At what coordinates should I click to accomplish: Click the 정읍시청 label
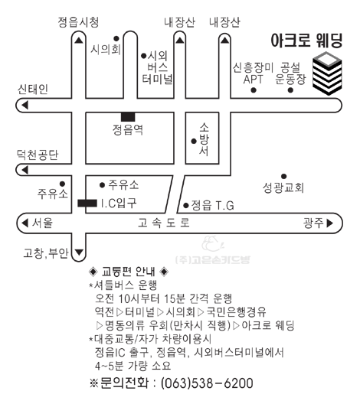(78, 22)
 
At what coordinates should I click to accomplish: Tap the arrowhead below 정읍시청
(79, 41)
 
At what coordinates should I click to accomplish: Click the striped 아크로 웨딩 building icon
(327, 73)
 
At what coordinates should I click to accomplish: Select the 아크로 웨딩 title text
(307, 41)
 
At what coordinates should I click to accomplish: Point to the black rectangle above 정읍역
(128, 117)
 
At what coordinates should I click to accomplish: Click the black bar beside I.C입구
(87, 203)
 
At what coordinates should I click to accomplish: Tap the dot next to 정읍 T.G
(185, 205)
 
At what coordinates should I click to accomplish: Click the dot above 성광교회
(283, 177)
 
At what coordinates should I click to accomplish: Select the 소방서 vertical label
(204, 139)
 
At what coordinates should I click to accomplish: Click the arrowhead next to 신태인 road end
(25, 105)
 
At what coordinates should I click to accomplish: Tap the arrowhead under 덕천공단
(25, 170)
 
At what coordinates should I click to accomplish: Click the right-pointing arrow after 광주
(330, 223)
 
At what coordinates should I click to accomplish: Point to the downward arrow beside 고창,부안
(79, 252)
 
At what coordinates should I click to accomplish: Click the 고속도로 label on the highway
(164, 223)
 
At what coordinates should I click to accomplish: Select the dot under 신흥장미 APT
(254, 90)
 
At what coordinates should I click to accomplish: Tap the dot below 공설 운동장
(290, 90)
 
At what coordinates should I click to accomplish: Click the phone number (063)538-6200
(207, 383)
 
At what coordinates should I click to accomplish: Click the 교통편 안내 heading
(129, 272)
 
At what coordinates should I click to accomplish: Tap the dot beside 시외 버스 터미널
(144, 56)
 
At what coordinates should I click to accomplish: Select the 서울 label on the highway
(42, 223)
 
